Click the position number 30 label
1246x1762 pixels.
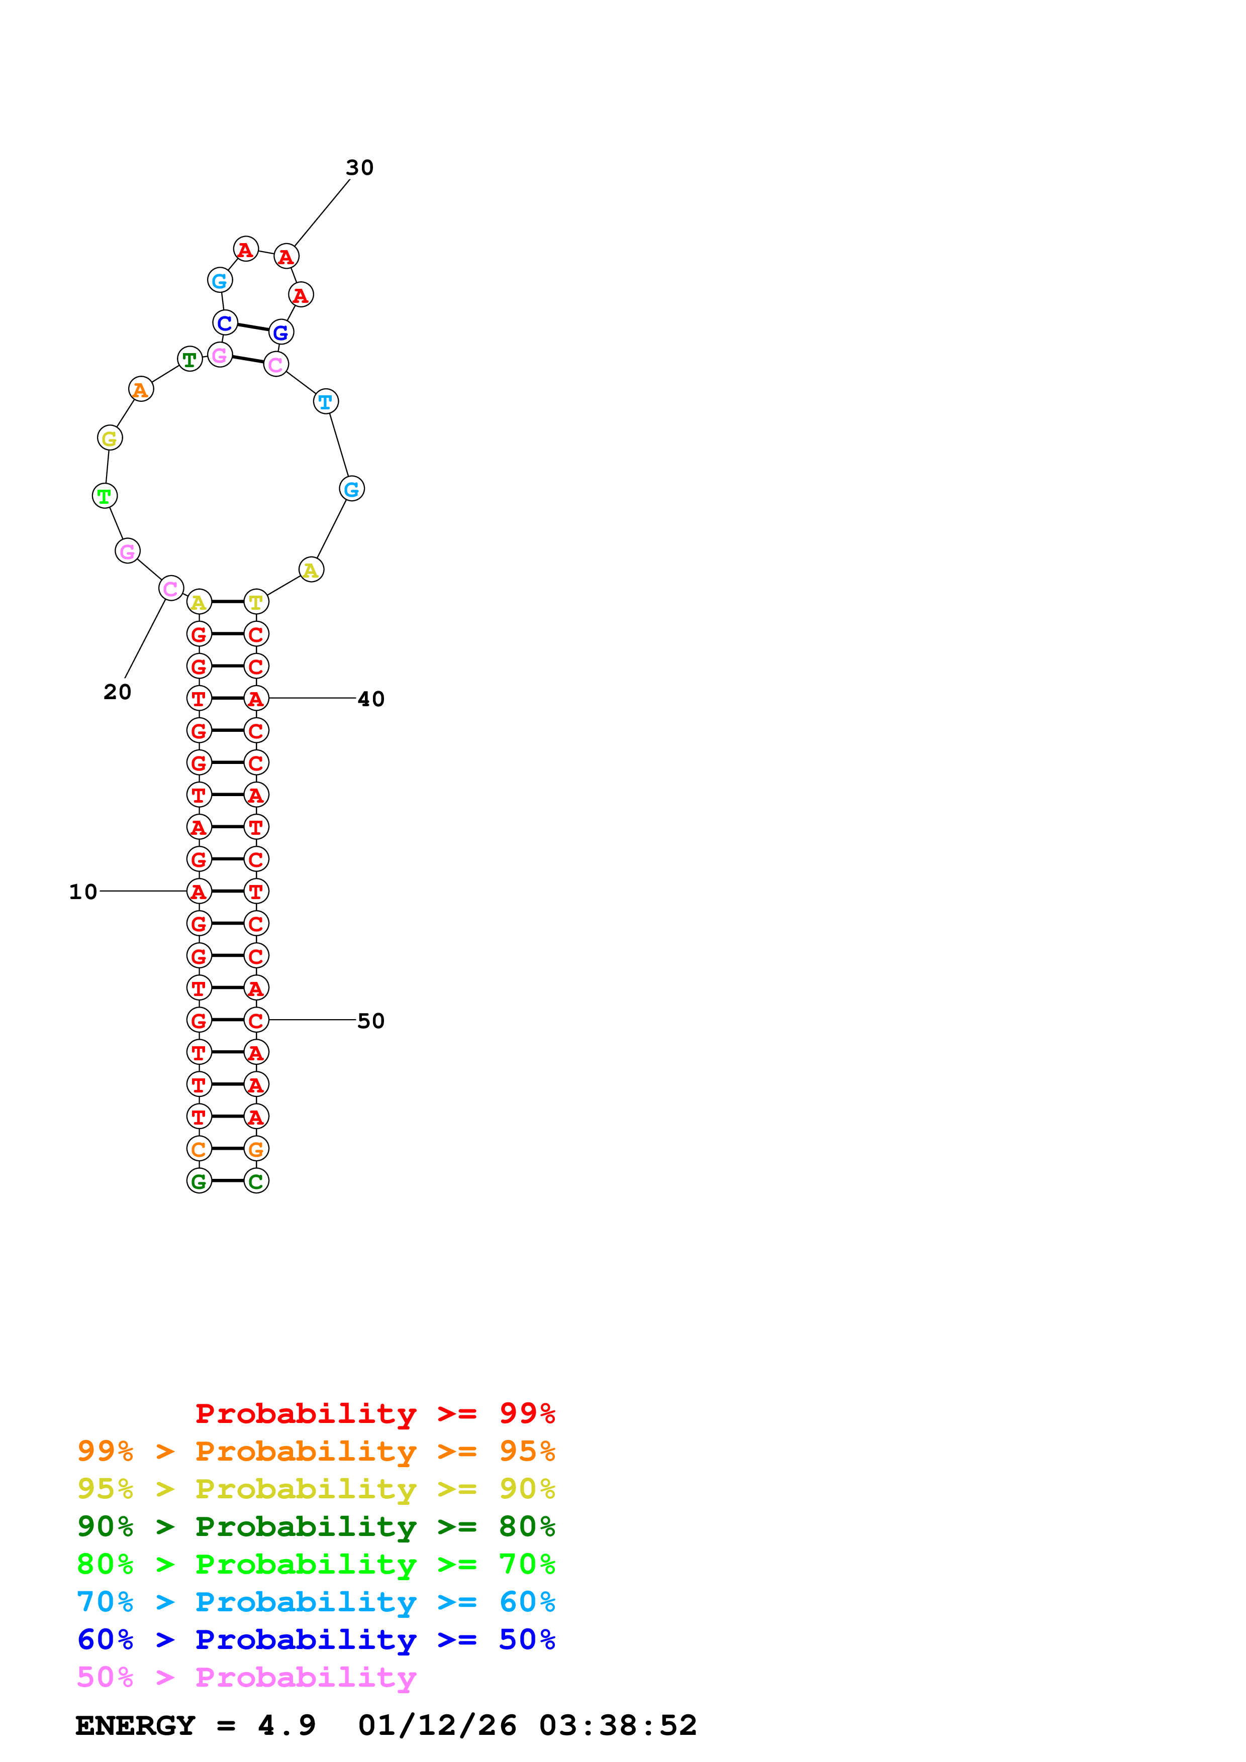point(359,167)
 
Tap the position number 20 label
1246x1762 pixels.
point(118,692)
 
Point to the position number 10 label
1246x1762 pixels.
point(83,892)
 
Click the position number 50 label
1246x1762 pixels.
point(371,1021)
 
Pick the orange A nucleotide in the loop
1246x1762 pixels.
point(141,390)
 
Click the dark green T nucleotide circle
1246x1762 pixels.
point(189,359)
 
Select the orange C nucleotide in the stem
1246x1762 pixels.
point(199,1149)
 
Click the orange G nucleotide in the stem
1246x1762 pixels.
point(256,1149)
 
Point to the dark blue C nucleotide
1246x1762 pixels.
point(225,323)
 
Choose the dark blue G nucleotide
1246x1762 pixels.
point(281,333)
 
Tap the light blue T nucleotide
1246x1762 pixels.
point(326,401)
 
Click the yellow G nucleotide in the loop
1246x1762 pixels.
point(110,438)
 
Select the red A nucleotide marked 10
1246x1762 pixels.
point(199,892)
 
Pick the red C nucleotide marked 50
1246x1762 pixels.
point(256,1021)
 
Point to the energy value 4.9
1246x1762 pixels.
point(286,1726)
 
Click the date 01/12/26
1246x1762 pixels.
point(437,1726)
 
